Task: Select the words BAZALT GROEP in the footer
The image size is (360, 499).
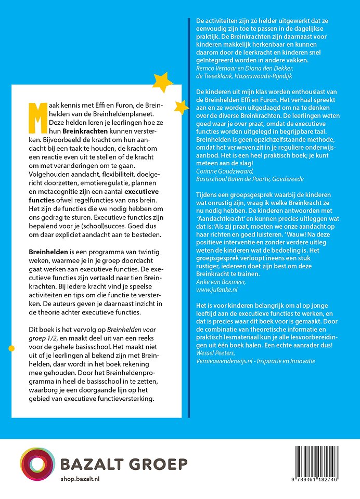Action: pyautogui.click(x=123, y=464)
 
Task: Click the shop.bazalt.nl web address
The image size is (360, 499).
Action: pyautogui.click(x=80, y=478)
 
